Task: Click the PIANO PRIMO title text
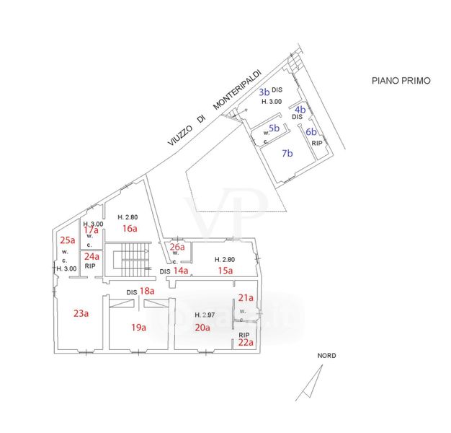click(x=401, y=81)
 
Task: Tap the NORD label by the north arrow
click(x=326, y=356)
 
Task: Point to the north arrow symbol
click(x=311, y=380)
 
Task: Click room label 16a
click(x=129, y=229)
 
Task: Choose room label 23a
click(x=81, y=313)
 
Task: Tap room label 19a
click(x=138, y=327)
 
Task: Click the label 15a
click(x=225, y=271)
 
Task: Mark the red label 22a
click(x=246, y=343)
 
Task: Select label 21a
click(x=246, y=297)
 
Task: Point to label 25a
click(x=67, y=240)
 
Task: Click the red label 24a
click(x=91, y=256)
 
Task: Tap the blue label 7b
click(x=287, y=153)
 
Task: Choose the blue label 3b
click(x=264, y=92)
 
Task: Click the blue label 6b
click(x=311, y=132)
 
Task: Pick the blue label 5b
click(x=274, y=127)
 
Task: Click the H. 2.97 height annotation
click(x=207, y=315)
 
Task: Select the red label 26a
click(x=177, y=247)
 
